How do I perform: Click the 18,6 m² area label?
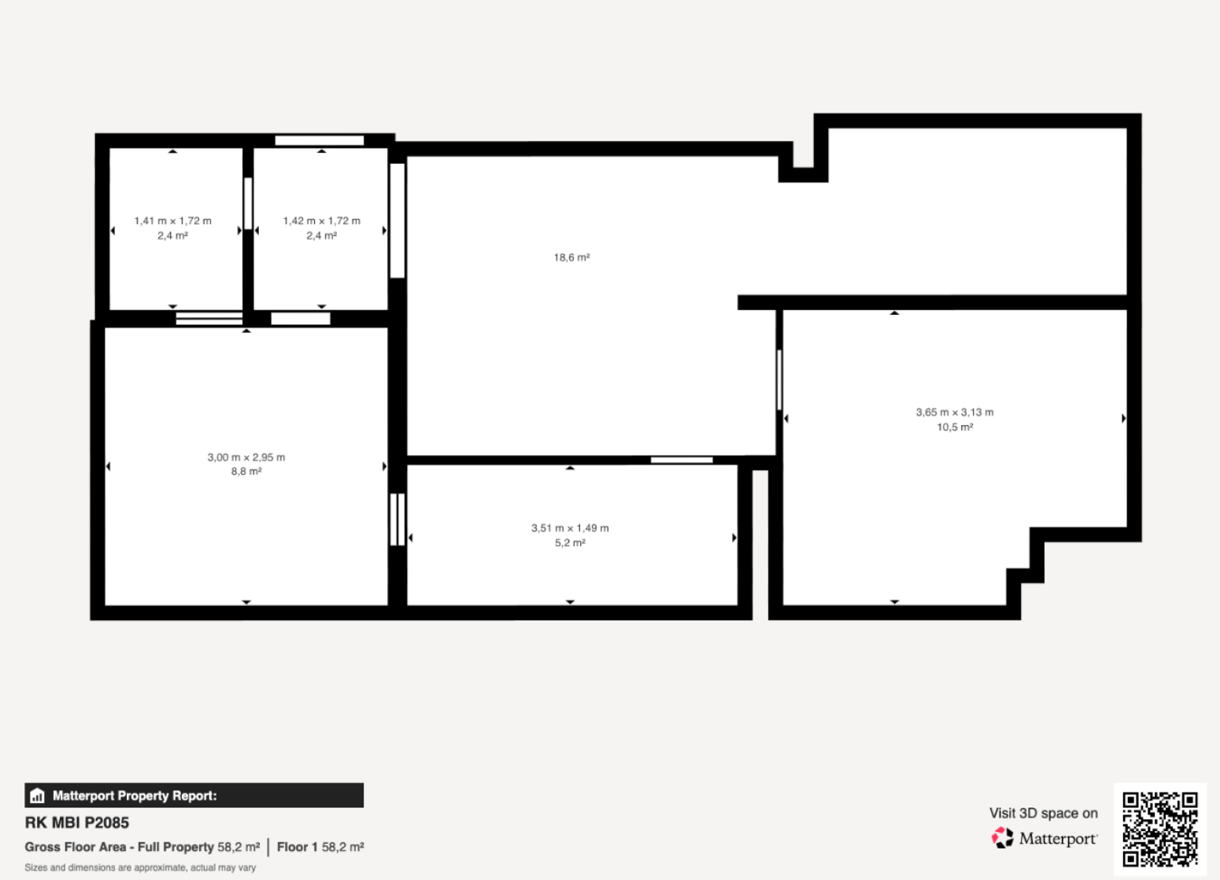[571, 257]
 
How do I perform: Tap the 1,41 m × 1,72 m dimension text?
[172, 220]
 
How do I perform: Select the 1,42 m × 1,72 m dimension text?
[321, 220]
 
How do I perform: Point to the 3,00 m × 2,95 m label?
[246, 457]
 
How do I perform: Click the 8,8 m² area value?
[246, 471]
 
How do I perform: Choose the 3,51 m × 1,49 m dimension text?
[570, 527]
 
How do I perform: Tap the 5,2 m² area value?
[570, 542]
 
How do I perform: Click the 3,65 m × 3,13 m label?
[955, 412]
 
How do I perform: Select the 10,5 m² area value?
[955, 427]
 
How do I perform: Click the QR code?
[1160, 830]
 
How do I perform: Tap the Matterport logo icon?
[1002, 837]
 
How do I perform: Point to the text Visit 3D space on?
[1044, 813]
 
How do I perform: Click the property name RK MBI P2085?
[77, 823]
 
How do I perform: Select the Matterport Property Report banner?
[194, 795]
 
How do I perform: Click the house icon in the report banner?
[37, 796]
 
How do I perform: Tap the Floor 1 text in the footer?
[297, 847]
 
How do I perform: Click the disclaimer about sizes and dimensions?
[140, 867]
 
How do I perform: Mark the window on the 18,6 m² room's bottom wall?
[682, 460]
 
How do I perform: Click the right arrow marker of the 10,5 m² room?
[1124, 418]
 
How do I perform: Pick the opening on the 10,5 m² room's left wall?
[779, 380]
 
